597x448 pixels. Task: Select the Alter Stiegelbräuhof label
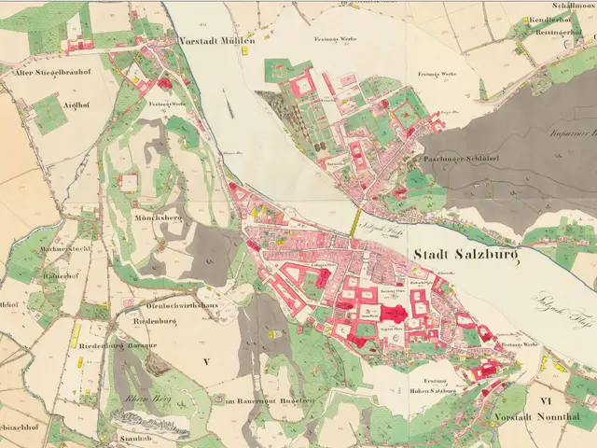(x=49, y=70)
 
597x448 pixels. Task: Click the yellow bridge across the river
(x=355, y=221)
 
